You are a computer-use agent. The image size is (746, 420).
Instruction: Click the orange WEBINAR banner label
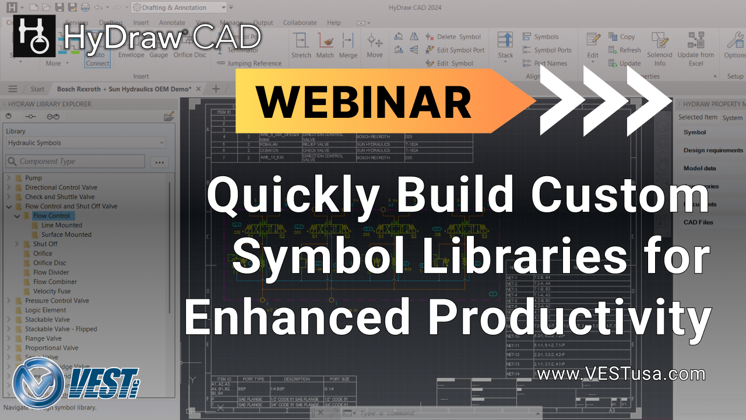[x=364, y=101]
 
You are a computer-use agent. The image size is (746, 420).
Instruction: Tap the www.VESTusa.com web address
[x=621, y=373]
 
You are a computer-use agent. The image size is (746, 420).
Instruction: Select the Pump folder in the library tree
[x=33, y=178]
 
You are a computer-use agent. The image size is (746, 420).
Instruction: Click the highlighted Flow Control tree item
[x=51, y=215]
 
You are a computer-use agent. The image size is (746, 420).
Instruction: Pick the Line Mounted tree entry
[x=61, y=225]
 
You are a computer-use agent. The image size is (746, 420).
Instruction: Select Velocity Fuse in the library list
[x=52, y=291]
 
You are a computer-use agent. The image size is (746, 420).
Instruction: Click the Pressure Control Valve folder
[x=57, y=300]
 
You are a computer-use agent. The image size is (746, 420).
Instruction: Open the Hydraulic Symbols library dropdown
[x=86, y=143]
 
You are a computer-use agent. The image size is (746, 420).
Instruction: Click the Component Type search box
[x=75, y=162]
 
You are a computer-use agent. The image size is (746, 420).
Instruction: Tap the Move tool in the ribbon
[x=375, y=45]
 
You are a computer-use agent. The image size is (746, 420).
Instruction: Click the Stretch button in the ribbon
[x=301, y=45]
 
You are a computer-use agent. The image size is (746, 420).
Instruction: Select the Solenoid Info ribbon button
[x=660, y=49]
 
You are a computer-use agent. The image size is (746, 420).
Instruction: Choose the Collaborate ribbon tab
[x=300, y=23]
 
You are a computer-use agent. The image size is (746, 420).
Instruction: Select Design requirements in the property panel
[x=713, y=150]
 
